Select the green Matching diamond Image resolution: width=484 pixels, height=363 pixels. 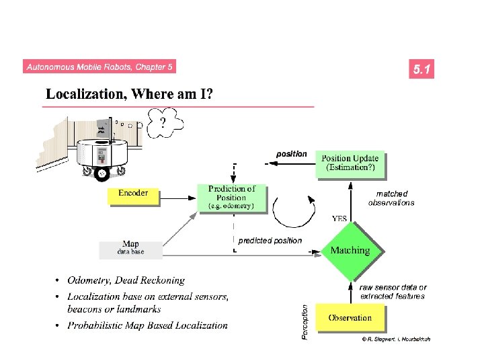tap(350, 250)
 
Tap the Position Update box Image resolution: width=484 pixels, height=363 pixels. tap(350, 163)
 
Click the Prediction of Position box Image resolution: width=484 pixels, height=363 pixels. tap(231, 197)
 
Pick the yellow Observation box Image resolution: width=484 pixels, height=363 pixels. tap(350, 317)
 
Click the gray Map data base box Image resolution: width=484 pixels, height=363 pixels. tap(131, 249)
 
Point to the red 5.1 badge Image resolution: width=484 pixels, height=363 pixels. tap(422, 69)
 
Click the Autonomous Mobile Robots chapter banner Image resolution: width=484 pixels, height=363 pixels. tap(99, 67)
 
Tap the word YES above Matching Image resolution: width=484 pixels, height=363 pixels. tap(339, 218)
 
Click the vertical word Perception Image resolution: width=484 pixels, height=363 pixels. tap(305, 322)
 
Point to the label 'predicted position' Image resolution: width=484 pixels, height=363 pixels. tap(270, 240)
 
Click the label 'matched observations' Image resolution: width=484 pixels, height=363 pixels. tap(391, 198)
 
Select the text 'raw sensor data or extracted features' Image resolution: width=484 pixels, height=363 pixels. tap(393, 292)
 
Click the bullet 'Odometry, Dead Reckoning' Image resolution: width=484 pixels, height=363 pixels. tap(126, 280)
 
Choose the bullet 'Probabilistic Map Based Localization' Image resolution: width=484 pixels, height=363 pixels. tap(147, 325)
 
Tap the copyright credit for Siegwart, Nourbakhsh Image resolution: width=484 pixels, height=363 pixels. tap(396, 339)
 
